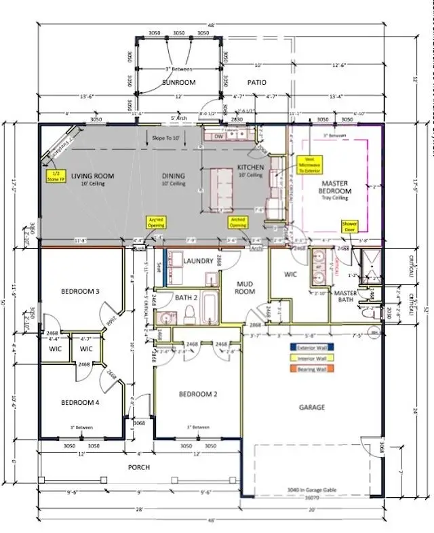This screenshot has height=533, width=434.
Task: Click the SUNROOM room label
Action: tap(178, 82)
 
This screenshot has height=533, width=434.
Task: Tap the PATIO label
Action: tap(256, 82)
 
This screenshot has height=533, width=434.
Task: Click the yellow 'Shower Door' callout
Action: tap(349, 226)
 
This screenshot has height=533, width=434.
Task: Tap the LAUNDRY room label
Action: tap(199, 261)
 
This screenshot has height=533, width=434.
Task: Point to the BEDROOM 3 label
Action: tap(79, 292)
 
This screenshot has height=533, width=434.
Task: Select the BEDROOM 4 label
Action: tap(79, 402)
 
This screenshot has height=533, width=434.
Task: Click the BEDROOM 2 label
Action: tap(197, 394)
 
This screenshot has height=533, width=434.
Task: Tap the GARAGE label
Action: tap(311, 407)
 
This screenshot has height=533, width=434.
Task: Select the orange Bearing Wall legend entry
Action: tap(312, 370)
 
